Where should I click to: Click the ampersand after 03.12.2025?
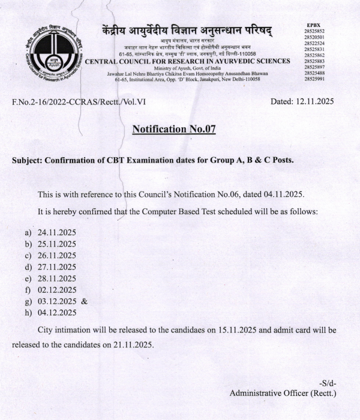coord(84,301)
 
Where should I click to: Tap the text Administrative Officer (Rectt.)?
coord(283,394)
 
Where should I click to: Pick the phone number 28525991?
coord(314,79)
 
